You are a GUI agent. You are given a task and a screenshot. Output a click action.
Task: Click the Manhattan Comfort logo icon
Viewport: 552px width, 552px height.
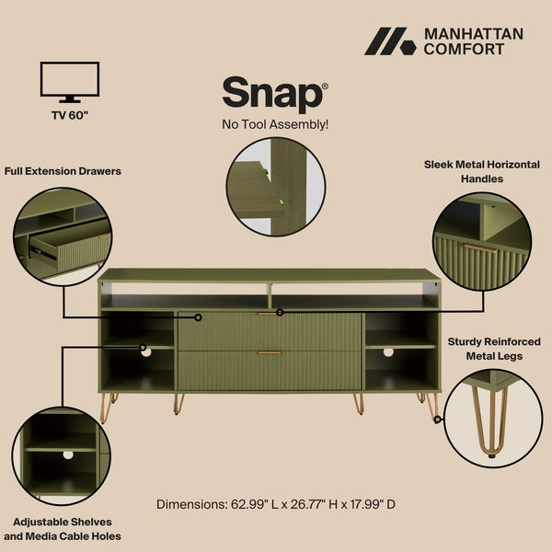tap(390, 41)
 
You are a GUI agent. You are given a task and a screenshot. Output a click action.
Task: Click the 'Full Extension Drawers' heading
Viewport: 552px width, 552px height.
tap(63, 171)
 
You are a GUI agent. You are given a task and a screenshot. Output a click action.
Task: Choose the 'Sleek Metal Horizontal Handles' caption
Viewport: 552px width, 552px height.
tap(482, 171)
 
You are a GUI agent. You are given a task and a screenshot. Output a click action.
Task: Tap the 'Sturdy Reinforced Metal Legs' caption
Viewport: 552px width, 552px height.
tap(494, 349)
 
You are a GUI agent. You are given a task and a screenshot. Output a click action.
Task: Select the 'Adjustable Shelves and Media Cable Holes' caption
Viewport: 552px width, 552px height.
tap(63, 529)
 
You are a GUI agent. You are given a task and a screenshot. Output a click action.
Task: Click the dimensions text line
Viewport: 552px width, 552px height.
tap(276, 504)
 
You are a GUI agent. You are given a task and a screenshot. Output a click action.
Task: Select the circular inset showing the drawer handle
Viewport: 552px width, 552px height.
tap(482, 240)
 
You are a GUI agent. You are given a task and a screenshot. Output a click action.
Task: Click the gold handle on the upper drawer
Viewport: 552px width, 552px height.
tap(270, 314)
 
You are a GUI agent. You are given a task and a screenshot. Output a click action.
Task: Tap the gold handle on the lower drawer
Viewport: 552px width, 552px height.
tap(270, 352)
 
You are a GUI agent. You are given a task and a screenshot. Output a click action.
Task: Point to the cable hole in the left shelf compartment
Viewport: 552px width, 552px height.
tap(144, 350)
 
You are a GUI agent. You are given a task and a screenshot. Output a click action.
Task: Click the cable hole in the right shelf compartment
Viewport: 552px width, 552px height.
tap(388, 351)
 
